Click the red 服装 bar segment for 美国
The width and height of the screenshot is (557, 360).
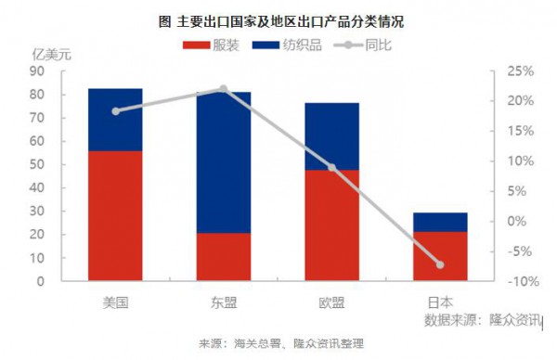coord(116,214)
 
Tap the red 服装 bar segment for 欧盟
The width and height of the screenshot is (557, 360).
coord(332,224)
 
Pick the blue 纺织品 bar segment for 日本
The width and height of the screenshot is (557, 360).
coord(440,222)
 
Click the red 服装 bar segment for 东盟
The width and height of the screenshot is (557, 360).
coord(224,256)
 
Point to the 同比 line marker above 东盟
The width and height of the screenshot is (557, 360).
coord(224,89)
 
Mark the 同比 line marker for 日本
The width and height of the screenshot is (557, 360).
coord(440,265)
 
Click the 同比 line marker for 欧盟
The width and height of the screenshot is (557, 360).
coord(332,168)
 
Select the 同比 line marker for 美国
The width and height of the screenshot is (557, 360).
coord(116,111)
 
